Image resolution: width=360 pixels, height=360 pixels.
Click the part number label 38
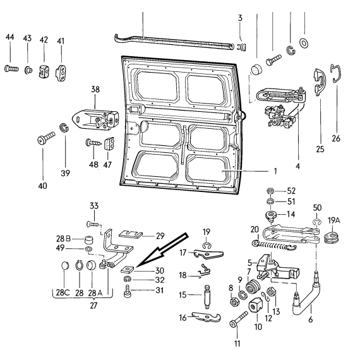point(95,89)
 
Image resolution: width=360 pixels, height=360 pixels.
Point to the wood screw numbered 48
point(93,143)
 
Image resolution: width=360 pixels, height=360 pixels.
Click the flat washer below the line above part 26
point(304,43)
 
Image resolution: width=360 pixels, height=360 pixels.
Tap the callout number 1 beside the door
point(275,171)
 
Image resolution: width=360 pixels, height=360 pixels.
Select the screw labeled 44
point(11,68)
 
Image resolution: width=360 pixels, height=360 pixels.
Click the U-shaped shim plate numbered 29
point(130,234)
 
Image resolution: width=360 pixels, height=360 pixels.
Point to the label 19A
point(333,220)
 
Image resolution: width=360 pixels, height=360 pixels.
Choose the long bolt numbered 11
point(239,320)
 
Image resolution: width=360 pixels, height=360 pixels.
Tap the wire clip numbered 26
point(336,73)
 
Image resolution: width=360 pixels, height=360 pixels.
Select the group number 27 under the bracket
point(93,306)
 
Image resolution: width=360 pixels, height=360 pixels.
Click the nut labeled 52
point(271,191)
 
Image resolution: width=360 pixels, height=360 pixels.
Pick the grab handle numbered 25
point(320,82)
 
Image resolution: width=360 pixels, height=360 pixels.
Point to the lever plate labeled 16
point(206,317)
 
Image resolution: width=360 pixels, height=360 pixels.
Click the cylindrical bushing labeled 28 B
point(88,240)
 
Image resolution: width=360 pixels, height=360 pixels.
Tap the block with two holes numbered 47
point(110,144)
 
